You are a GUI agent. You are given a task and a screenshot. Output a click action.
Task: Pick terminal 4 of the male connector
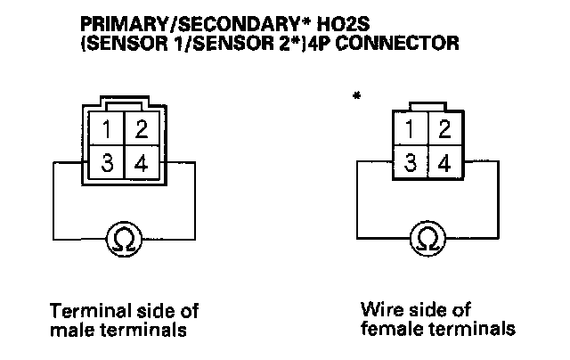click(x=140, y=164)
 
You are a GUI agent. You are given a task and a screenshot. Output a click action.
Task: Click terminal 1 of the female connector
click(x=410, y=130)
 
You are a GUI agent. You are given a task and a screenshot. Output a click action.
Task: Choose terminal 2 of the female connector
click(x=442, y=130)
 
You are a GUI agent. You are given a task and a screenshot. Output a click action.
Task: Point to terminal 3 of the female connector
click(x=410, y=163)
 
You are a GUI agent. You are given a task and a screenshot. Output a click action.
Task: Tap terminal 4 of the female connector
click(x=443, y=163)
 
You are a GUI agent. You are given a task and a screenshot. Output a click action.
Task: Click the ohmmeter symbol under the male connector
click(x=123, y=237)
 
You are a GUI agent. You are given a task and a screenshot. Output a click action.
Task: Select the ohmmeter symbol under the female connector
click(x=427, y=237)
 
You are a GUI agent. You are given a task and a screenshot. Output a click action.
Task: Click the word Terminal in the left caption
click(x=85, y=312)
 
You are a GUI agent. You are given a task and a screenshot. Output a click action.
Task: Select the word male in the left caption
click(x=72, y=331)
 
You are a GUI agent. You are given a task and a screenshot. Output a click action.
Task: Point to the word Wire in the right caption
click(x=378, y=310)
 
